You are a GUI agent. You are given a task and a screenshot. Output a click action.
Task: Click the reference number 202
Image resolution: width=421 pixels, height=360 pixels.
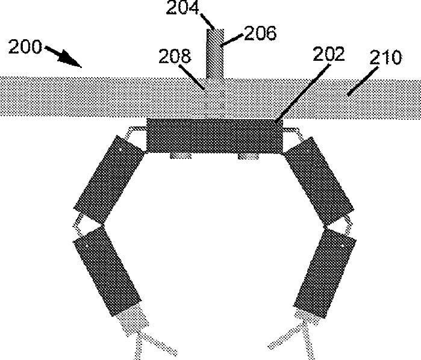coord(328,55)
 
